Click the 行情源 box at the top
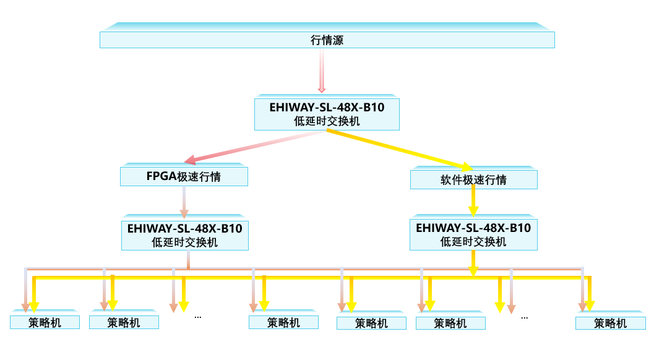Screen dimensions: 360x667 pos(327,40)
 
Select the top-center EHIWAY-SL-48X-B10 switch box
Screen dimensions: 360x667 pos(327,114)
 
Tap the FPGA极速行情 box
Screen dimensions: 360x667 pos(184,177)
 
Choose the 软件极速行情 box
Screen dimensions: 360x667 pos(473,180)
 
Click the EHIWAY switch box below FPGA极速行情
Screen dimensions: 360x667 pos(184,235)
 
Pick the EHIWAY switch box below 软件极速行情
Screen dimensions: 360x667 pos(473,234)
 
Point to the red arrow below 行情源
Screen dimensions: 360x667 pos(322,71)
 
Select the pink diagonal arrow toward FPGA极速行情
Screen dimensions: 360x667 pos(254,145)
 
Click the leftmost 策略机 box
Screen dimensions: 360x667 pos(45,322)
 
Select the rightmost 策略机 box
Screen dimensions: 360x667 pos(610,323)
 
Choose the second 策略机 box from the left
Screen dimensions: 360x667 pos(124,322)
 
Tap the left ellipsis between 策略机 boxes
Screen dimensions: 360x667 pos(198,316)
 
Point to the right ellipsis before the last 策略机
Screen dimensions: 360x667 pos(524,317)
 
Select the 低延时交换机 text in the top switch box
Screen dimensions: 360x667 pos(327,121)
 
